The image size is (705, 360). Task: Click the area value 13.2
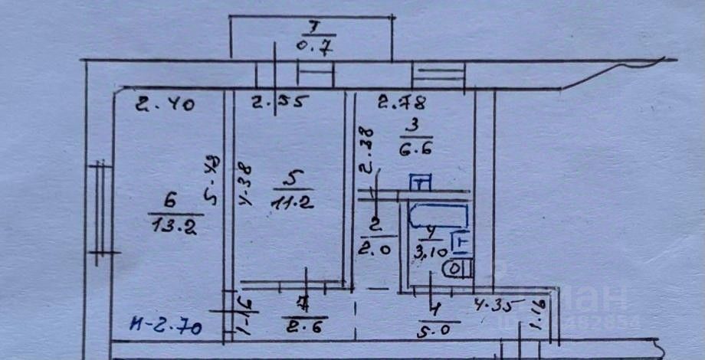pos(167,225)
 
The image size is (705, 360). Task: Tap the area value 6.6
pos(416,149)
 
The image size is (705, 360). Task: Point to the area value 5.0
pos(439,332)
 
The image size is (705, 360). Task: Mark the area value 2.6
pos(304,329)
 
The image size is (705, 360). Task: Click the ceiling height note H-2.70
pos(166,329)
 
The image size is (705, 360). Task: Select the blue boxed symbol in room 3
pos(421,182)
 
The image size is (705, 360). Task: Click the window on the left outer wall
pos(100,212)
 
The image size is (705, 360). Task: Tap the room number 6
pos(166,202)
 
